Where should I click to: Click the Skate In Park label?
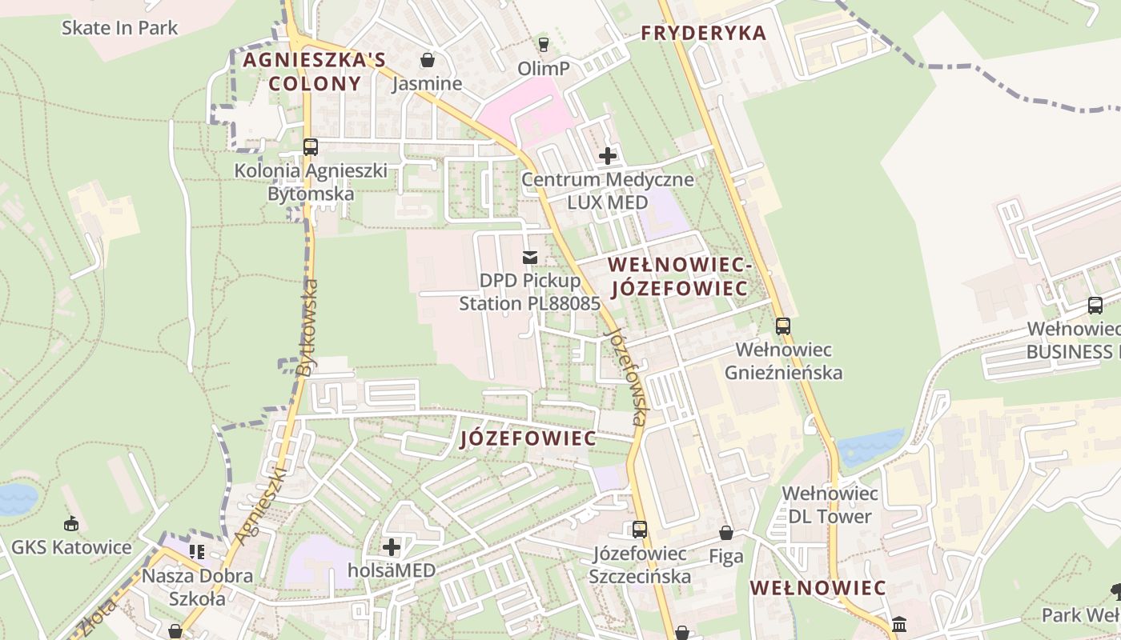119,28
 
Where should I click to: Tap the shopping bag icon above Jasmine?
428,60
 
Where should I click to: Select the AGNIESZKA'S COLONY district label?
315,71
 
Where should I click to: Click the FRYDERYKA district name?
704,33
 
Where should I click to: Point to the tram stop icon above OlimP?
544,44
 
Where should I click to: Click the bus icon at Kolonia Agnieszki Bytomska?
311,147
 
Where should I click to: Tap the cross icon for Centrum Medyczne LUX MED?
608,156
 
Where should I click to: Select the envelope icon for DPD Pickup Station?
529,257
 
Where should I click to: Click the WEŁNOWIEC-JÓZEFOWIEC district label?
677,276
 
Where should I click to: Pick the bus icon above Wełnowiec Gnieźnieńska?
783,326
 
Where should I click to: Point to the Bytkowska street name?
307,327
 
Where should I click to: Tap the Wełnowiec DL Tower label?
830,505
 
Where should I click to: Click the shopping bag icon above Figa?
726,533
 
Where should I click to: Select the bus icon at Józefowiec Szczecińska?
639,529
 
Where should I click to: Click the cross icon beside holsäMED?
392,547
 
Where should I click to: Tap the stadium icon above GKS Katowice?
71,524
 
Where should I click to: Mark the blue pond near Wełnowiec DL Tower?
869,446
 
